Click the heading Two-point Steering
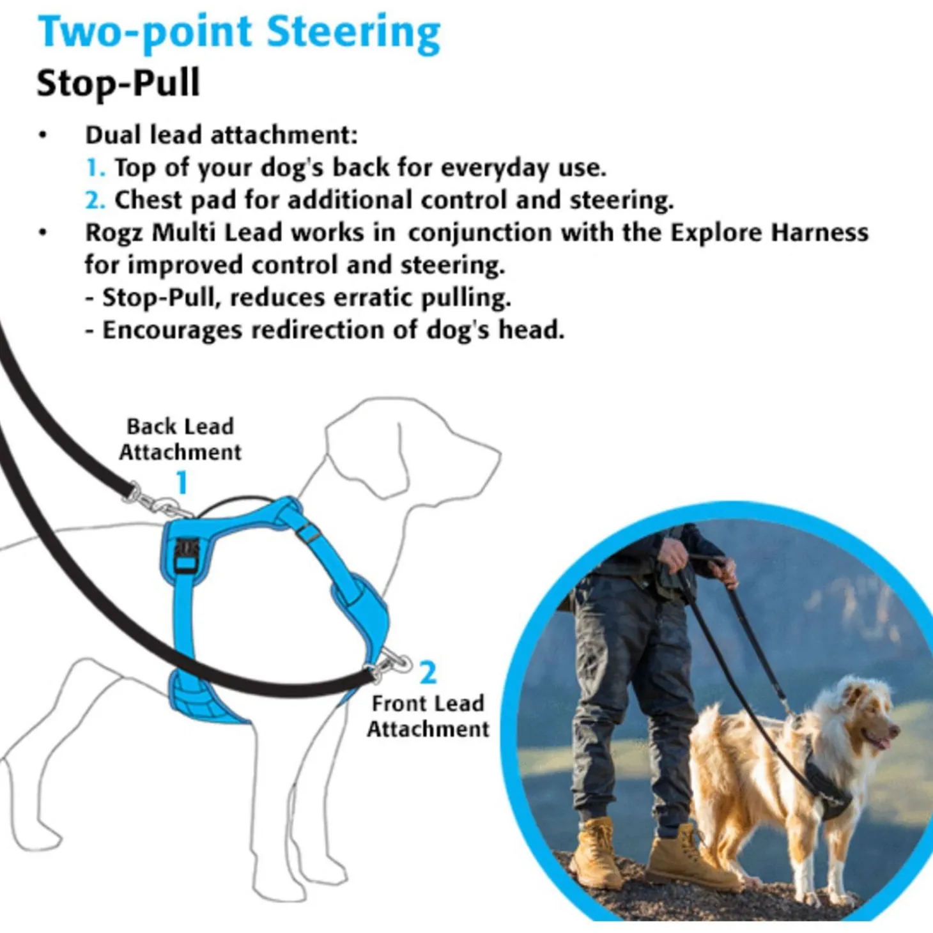(239, 33)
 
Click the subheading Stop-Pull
(118, 83)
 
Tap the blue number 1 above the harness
(181, 482)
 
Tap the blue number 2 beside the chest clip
(428, 673)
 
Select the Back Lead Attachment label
(180, 439)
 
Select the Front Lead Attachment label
(428, 716)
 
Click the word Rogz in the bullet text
(114, 233)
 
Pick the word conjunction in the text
(480, 233)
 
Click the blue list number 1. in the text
(96, 168)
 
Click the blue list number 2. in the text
(96, 201)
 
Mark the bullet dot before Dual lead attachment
(43, 135)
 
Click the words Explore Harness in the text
(769, 233)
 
